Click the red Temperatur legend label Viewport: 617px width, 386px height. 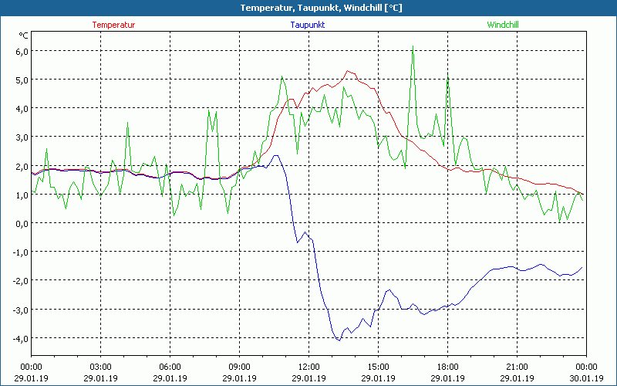click(x=113, y=25)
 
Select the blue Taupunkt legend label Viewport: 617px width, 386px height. click(x=308, y=25)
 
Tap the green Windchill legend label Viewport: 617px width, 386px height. click(x=503, y=25)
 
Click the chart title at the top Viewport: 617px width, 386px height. click(x=309, y=8)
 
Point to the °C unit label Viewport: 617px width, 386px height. click(x=23, y=36)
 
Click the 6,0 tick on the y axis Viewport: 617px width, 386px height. click(x=21, y=51)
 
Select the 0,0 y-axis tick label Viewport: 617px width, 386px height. click(x=21, y=223)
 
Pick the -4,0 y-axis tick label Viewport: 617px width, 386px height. click(x=19, y=338)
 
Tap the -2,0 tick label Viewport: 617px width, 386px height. click(x=19, y=281)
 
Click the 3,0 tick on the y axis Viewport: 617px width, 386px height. click(x=21, y=137)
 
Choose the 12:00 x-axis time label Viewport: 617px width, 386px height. click(x=308, y=367)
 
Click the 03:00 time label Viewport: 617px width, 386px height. click(x=101, y=367)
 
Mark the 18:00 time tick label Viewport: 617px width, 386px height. click(x=447, y=367)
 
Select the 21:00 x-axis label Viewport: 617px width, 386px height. click(x=517, y=367)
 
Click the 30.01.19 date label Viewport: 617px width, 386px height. click(x=586, y=378)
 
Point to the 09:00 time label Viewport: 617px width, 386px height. click(x=239, y=367)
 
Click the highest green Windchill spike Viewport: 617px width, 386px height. click(x=413, y=47)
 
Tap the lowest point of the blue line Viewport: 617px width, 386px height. click(x=339, y=340)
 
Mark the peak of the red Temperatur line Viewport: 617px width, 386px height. click(x=349, y=71)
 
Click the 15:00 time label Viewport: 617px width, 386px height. click(x=378, y=367)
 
